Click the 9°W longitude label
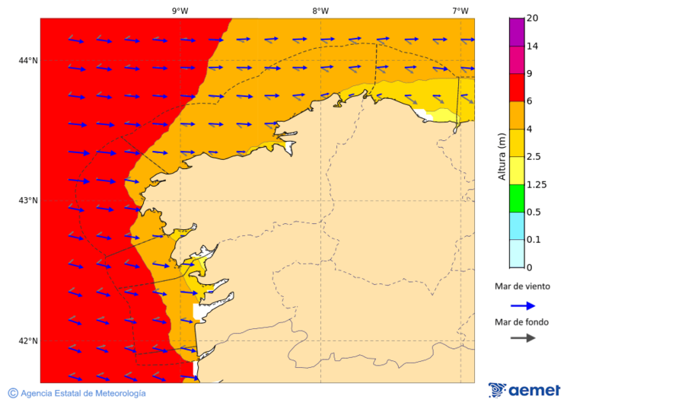pyautogui.click(x=180, y=11)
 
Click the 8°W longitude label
pyautogui.click(x=320, y=11)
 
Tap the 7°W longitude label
pyautogui.click(x=460, y=11)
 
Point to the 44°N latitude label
pyautogui.click(x=28, y=60)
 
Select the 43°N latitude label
pyautogui.click(x=28, y=200)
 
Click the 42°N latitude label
pyautogui.click(x=28, y=340)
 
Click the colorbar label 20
pyautogui.click(x=533, y=18)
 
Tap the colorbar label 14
pyautogui.click(x=533, y=46)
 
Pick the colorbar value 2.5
pyautogui.click(x=534, y=157)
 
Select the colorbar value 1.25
pyautogui.click(x=537, y=184)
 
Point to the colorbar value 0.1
pyautogui.click(x=534, y=240)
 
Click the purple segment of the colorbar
pyautogui.click(x=516, y=32)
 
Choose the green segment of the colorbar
pyautogui.click(x=516, y=198)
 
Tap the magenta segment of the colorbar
pyautogui.click(x=516, y=59)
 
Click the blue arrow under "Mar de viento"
pyautogui.click(x=522, y=305)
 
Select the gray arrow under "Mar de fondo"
pyautogui.click(x=522, y=337)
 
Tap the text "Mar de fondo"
pyautogui.click(x=521, y=321)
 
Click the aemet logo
pyautogui.click(x=524, y=390)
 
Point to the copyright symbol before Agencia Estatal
pyautogui.click(x=13, y=393)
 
